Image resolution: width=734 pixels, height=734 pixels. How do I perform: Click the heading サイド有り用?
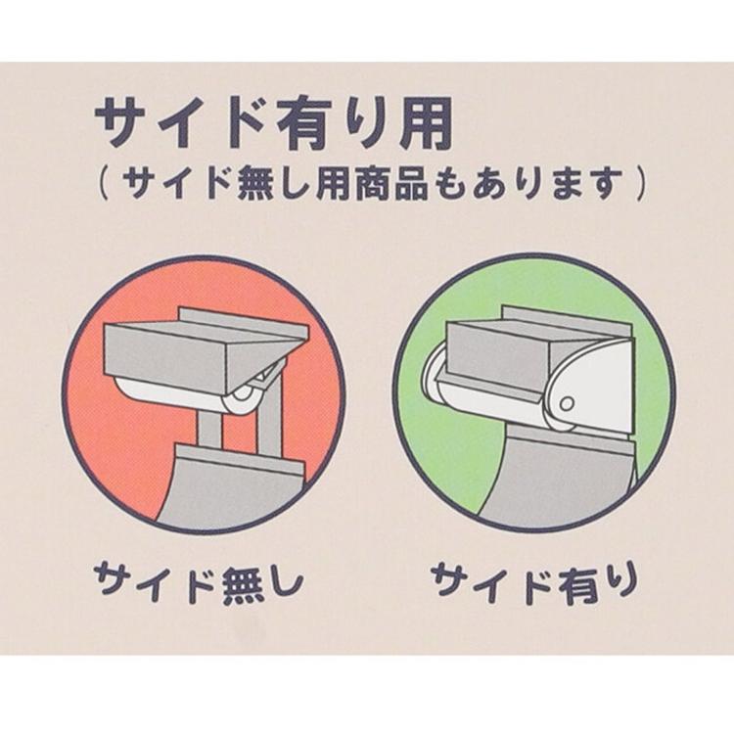[x=274, y=123]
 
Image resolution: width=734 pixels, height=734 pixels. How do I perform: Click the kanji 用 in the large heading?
[x=425, y=123]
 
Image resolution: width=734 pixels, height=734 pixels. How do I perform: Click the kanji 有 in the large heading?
[x=305, y=123]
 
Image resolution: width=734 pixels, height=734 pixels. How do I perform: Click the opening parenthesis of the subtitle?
[x=104, y=184]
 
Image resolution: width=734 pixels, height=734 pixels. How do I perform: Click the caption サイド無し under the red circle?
[x=200, y=581]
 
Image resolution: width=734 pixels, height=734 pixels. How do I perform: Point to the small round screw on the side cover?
[x=567, y=403]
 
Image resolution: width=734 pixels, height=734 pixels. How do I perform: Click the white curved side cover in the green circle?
[x=591, y=384]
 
